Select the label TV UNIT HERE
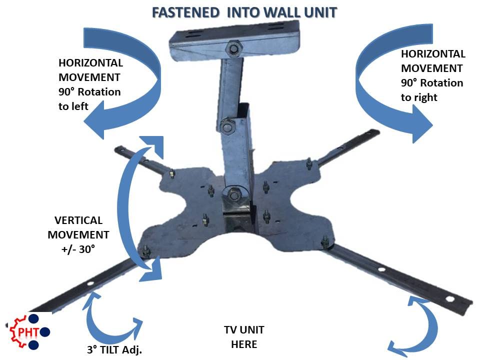coord(244,337)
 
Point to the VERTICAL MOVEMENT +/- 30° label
coord(78,234)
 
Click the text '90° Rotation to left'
coord(89,99)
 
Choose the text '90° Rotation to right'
coord(431,90)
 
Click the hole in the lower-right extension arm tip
coord(450,300)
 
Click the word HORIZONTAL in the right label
coord(433,54)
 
